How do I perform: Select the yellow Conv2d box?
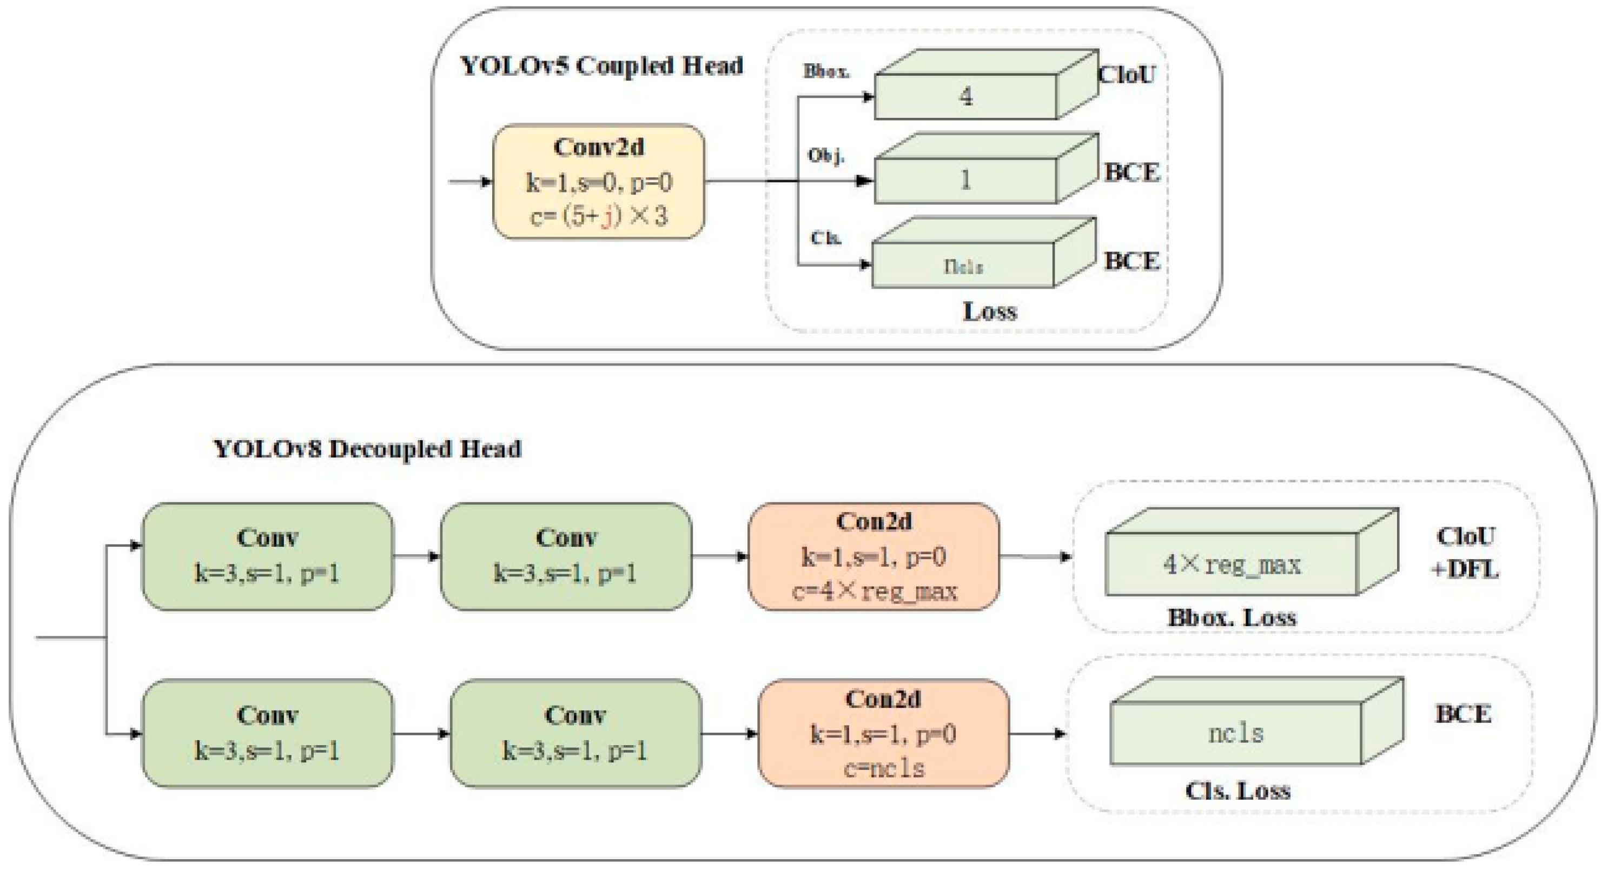599,182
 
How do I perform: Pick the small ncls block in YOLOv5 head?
963,266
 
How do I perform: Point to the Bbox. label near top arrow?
826,71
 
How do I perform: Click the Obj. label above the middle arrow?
826,155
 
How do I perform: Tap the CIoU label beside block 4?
1127,75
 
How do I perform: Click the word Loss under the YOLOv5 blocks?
990,311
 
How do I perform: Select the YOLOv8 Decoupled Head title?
368,449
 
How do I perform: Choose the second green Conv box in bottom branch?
575,733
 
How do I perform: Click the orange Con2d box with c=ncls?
883,733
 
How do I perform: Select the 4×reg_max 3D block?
1232,563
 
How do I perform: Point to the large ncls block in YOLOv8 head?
1235,733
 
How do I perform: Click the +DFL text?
1465,569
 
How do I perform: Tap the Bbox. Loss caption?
1232,617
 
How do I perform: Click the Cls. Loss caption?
1237,791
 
